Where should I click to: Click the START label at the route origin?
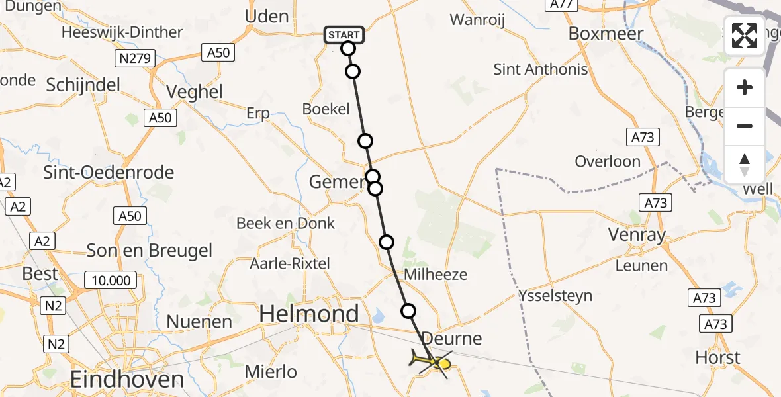[x=344, y=34]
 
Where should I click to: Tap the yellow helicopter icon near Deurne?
[x=432, y=361]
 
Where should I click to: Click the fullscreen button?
[x=745, y=36]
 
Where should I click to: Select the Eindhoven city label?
[x=127, y=380]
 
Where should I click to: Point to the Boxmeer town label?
[x=606, y=33]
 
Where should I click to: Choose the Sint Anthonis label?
[x=541, y=69]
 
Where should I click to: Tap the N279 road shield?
[x=135, y=58]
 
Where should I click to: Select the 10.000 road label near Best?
[x=111, y=280]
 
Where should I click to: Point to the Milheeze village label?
[x=436, y=274]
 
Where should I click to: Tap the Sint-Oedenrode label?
[x=109, y=173]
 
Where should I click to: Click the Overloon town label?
[x=608, y=161]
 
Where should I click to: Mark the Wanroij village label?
[x=477, y=20]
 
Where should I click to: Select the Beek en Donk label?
[x=286, y=223]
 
